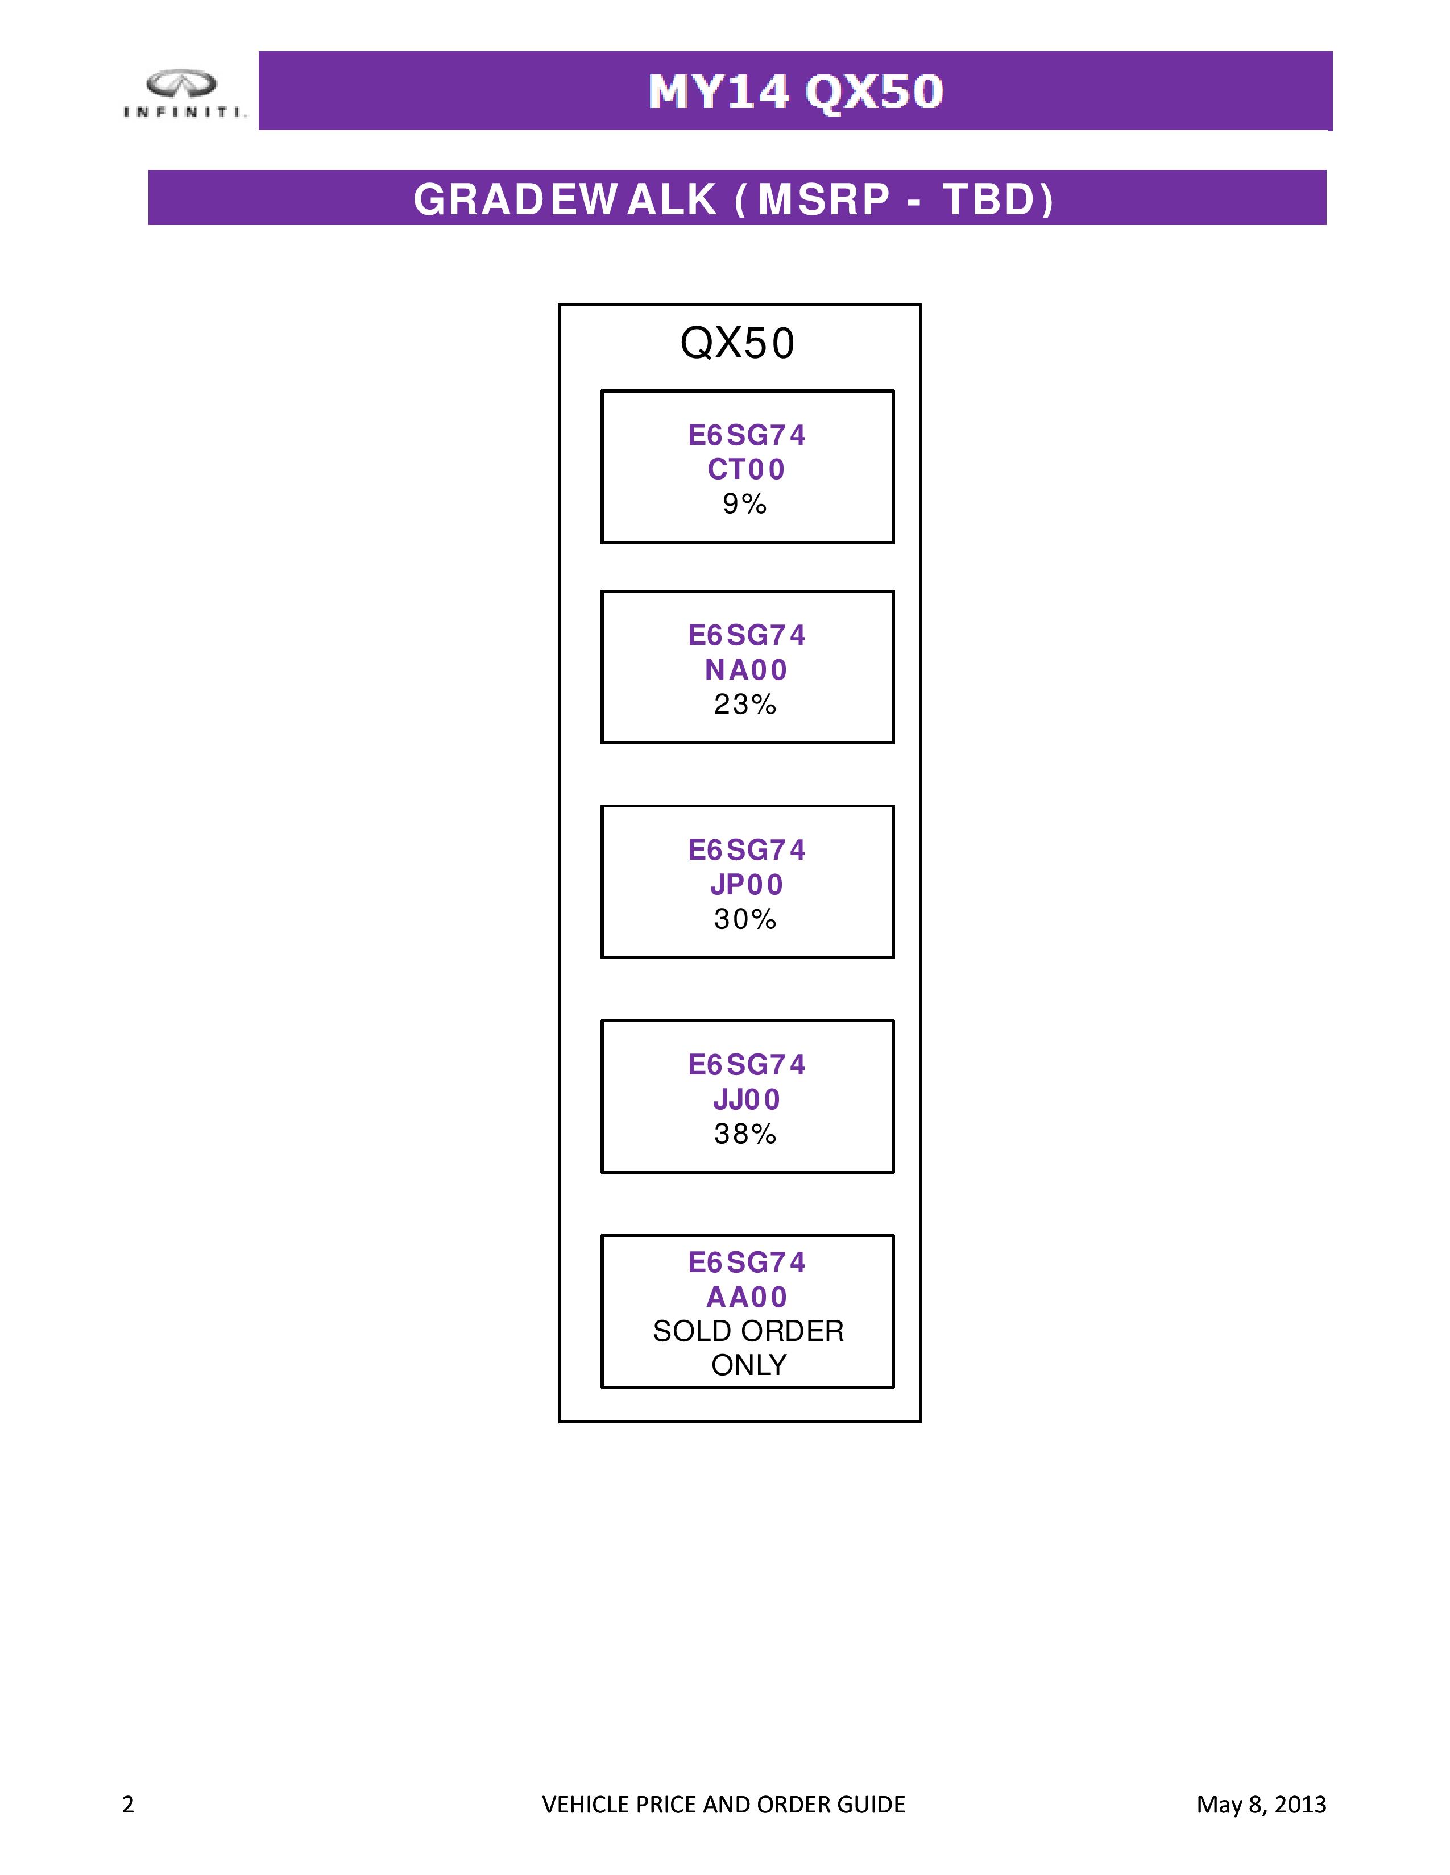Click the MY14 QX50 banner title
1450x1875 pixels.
click(796, 92)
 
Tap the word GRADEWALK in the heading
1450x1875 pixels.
click(565, 199)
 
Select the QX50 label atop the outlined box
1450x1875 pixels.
click(737, 343)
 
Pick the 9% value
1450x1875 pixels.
click(744, 504)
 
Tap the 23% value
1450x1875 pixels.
click(745, 704)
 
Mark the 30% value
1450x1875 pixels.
click(745, 919)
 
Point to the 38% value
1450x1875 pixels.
click(745, 1134)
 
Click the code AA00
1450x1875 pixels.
click(747, 1297)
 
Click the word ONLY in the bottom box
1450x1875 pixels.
click(748, 1365)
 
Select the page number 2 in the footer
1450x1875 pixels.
click(128, 1805)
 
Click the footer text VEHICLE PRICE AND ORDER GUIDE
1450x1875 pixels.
click(723, 1805)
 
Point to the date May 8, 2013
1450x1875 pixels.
click(1261, 1805)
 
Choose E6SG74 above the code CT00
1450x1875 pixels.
click(747, 435)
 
